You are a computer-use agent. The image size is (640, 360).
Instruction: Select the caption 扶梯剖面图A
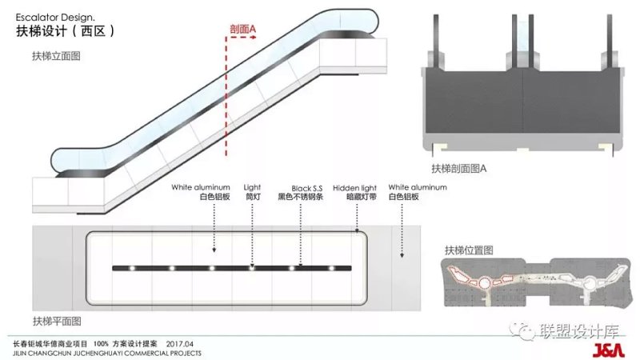459,169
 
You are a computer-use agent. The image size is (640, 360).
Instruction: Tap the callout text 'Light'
252,187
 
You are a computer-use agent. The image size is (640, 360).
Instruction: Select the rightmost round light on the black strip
330,268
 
